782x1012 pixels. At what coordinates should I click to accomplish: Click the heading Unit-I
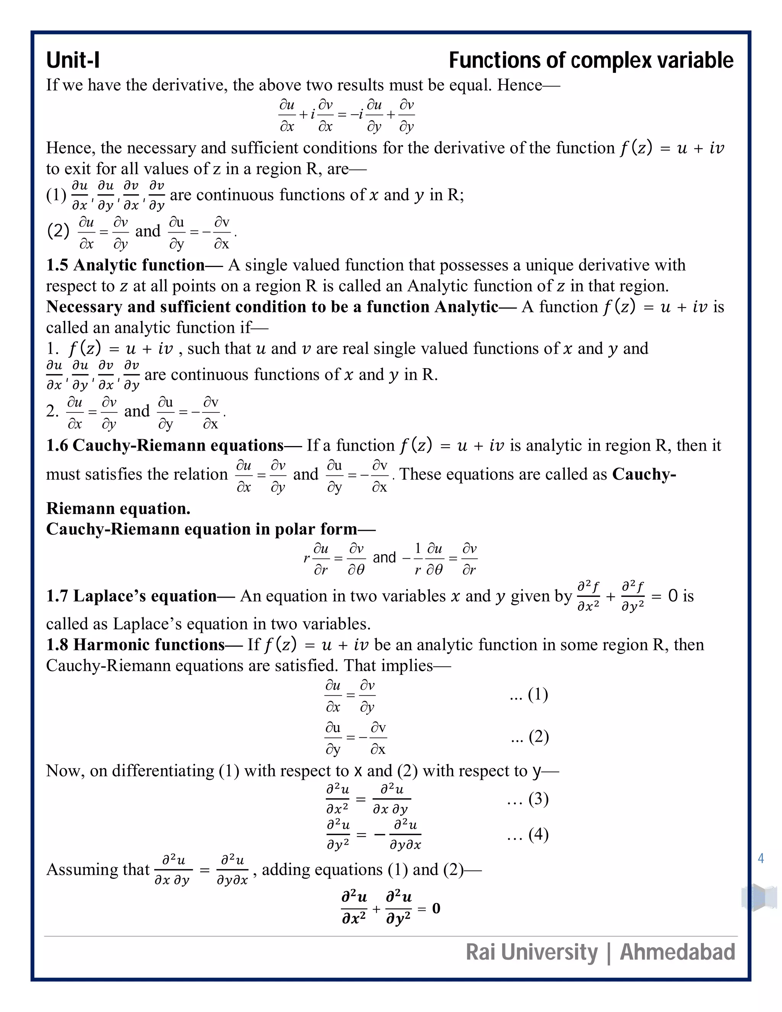pos(73,60)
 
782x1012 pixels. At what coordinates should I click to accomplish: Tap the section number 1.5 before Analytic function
pos(57,265)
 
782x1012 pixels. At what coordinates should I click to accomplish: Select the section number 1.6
pos(57,445)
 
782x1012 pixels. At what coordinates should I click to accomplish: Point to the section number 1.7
pos(57,596)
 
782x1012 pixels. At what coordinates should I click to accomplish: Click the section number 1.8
pos(57,645)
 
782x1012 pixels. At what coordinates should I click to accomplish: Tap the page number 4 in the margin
pos(761,858)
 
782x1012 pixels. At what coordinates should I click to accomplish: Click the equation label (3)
pos(538,799)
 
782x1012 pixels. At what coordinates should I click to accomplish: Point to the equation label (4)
pos(538,834)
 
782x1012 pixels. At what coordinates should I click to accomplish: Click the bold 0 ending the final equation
pos(436,908)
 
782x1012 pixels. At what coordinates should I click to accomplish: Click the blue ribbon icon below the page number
pos(759,897)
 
